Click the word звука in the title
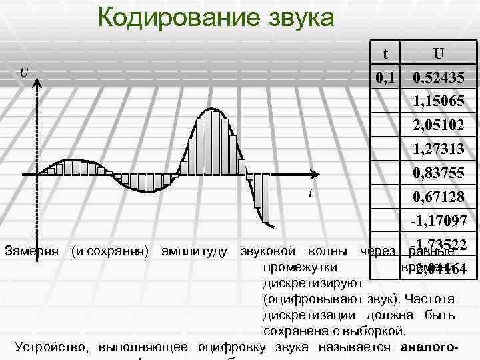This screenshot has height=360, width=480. [298, 17]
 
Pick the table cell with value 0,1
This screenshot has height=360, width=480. [385, 77]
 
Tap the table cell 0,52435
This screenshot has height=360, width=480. [438, 77]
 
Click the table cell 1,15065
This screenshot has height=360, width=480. [438, 101]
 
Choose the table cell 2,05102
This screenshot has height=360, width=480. [438, 125]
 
